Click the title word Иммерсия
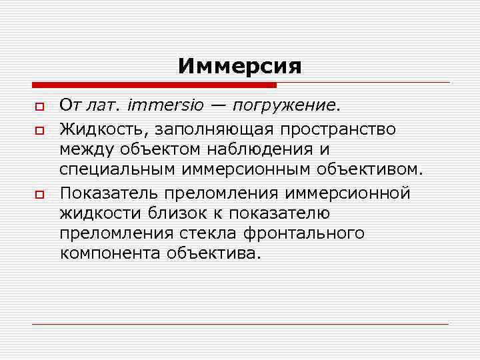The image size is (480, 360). pos(239,66)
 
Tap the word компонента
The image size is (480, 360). pos(107,255)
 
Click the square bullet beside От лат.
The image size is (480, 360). pos(40,107)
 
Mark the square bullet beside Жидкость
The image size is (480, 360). pos(40,129)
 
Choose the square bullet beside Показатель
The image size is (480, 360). pos(40,194)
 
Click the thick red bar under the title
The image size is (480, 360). pos(153,85)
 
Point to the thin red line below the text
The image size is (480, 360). pos(240,324)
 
